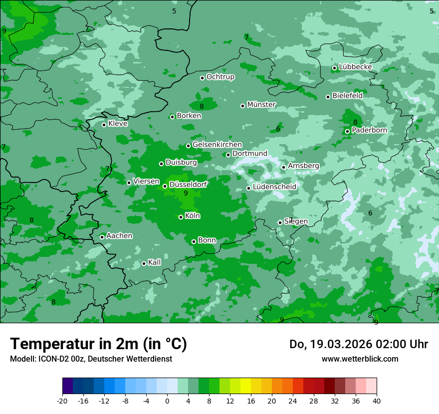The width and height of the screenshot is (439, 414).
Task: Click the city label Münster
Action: [261, 105]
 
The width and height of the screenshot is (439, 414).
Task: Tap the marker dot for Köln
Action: [181, 217]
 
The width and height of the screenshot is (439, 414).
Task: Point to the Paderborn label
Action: [369, 130]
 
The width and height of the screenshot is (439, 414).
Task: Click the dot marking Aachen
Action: [102, 237]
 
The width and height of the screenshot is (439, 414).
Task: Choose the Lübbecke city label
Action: [355, 67]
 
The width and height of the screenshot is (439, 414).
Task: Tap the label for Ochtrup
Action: [220, 77]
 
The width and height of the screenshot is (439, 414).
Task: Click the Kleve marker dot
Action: [104, 125]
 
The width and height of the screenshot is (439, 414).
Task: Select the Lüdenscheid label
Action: [274, 187]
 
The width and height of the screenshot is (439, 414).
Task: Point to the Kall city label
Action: [154, 262]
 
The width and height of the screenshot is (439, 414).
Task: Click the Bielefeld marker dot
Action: [328, 97]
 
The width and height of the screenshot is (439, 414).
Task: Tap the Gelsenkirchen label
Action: [217, 145]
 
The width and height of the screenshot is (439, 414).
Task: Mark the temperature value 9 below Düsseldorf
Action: [186, 193]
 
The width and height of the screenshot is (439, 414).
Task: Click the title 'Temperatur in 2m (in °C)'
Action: [98, 344]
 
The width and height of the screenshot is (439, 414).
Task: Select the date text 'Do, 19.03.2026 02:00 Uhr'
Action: [359, 344]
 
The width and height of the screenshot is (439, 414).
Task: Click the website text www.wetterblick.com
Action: [360, 359]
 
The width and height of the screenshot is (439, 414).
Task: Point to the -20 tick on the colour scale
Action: [62, 401]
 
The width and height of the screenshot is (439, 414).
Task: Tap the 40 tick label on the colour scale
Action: [376, 401]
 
